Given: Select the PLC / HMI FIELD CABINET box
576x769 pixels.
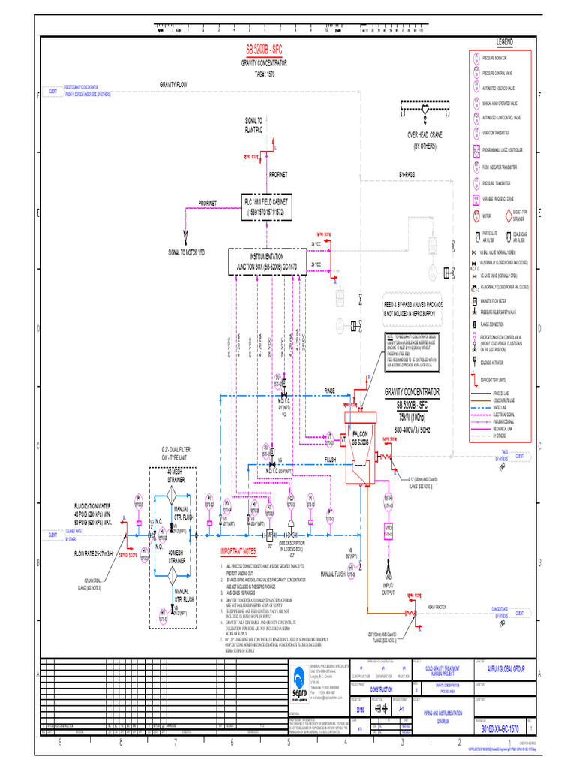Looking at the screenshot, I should pos(268,207).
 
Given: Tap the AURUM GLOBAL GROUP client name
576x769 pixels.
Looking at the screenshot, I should pos(508,668).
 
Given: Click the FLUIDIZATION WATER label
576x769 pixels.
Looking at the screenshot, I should pos(92,507).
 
